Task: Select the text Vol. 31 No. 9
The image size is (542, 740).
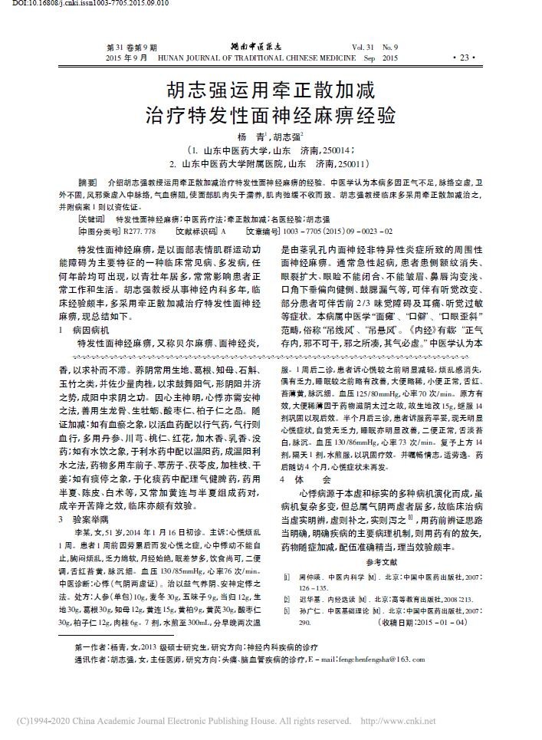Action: tap(376, 48)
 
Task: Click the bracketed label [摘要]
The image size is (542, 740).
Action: tap(89, 185)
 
